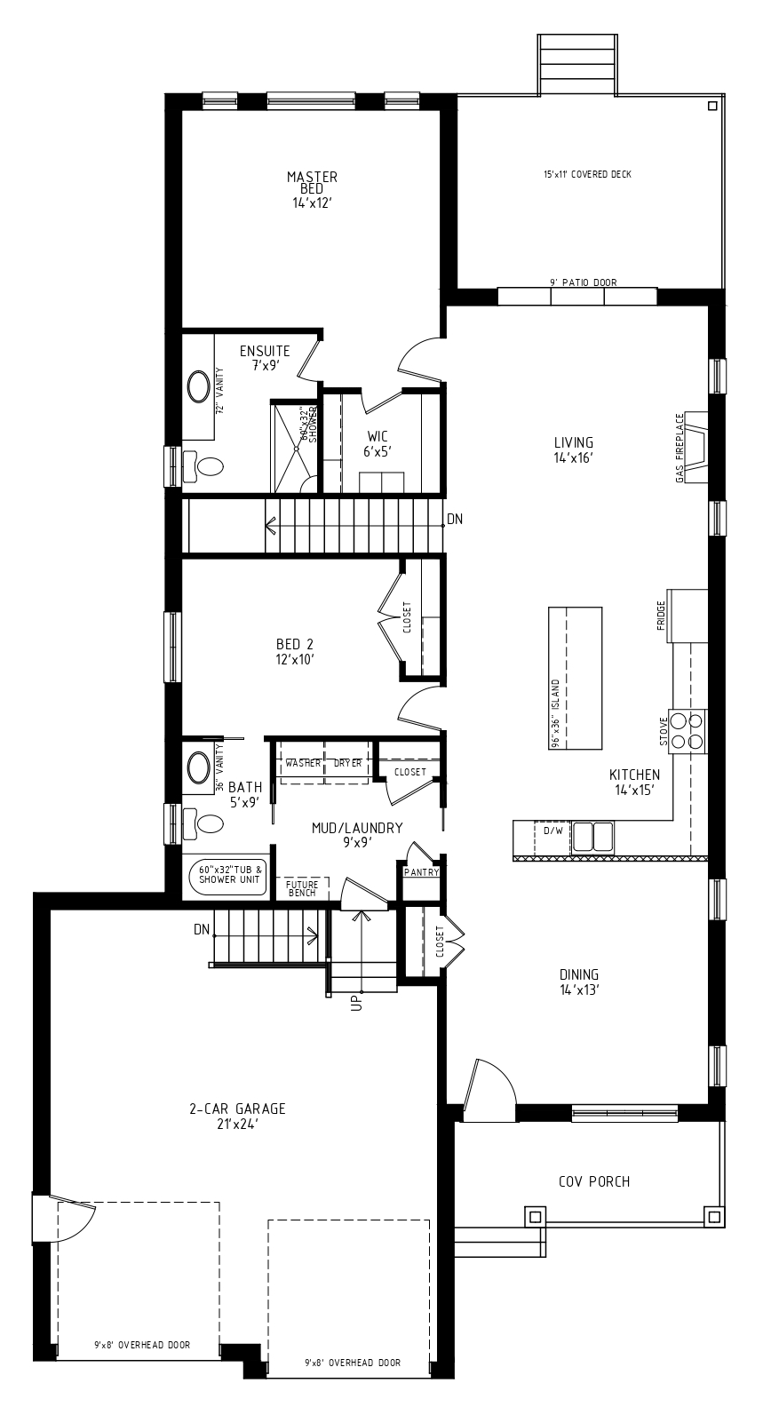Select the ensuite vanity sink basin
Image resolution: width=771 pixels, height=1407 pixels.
tap(199, 387)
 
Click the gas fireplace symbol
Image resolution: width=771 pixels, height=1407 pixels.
tap(695, 447)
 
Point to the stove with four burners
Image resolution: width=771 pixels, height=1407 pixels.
tap(688, 731)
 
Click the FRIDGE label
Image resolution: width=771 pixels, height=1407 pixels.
tap(660, 622)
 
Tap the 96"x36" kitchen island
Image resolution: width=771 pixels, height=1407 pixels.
tap(575, 679)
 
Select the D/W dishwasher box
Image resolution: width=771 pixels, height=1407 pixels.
tap(552, 838)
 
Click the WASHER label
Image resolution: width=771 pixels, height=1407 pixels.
tap(303, 763)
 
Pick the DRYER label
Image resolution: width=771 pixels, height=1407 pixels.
tap(347, 763)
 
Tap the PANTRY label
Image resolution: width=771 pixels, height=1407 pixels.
tap(421, 872)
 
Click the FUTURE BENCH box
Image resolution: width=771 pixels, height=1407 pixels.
tap(302, 888)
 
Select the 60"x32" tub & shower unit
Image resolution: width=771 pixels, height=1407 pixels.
tap(228, 874)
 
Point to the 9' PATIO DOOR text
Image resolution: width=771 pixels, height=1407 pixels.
tap(583, 282)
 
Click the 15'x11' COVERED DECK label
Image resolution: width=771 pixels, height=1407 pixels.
tap(587, 174)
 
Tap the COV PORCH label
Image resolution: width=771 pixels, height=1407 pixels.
tap(594, 1181)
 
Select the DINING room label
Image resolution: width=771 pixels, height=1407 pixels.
tap(579, 982)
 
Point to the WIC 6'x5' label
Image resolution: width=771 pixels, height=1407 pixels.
tap(378, 443)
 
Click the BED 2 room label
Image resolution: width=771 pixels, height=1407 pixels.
tap(295, 651)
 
